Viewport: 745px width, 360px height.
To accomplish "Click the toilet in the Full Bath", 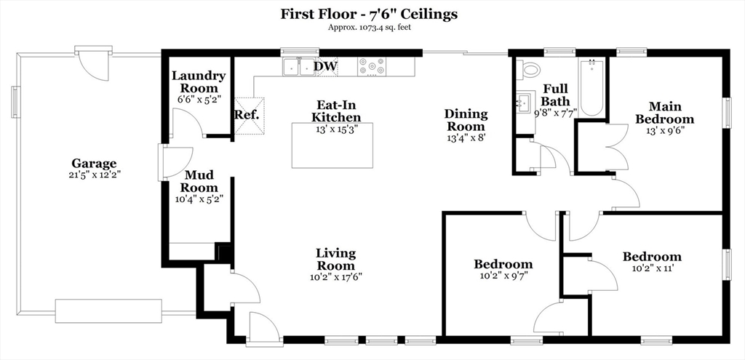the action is click(528, 70).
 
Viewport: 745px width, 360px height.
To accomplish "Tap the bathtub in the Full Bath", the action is click(591, 87).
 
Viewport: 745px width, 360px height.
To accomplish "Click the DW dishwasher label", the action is click(325, 66).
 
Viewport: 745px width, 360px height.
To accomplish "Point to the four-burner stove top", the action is click(372, 66).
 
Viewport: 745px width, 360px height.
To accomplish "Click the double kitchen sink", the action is click(299, 67).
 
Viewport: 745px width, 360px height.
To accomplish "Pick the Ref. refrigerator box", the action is click(250, 116).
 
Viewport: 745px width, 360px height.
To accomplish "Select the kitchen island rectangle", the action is click(332, 145).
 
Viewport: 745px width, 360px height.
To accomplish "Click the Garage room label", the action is click(94, 164).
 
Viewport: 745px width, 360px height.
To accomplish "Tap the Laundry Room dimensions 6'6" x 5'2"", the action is click(199, 100).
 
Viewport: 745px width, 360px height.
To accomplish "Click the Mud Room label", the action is click(202, 181).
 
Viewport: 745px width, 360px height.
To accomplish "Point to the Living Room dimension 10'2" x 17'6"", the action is click(336, 277).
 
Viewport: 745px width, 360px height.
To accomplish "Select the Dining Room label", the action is click(466, 120).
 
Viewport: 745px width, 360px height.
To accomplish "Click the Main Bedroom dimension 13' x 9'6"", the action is click(665, 130).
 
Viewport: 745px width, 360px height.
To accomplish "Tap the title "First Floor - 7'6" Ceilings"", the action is click(369, 15).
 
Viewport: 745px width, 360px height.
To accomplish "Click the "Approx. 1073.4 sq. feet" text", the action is click(369, 27).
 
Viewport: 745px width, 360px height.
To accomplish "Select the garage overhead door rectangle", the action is click(109, 311).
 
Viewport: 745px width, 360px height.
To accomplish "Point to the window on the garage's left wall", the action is click(16, 102).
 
